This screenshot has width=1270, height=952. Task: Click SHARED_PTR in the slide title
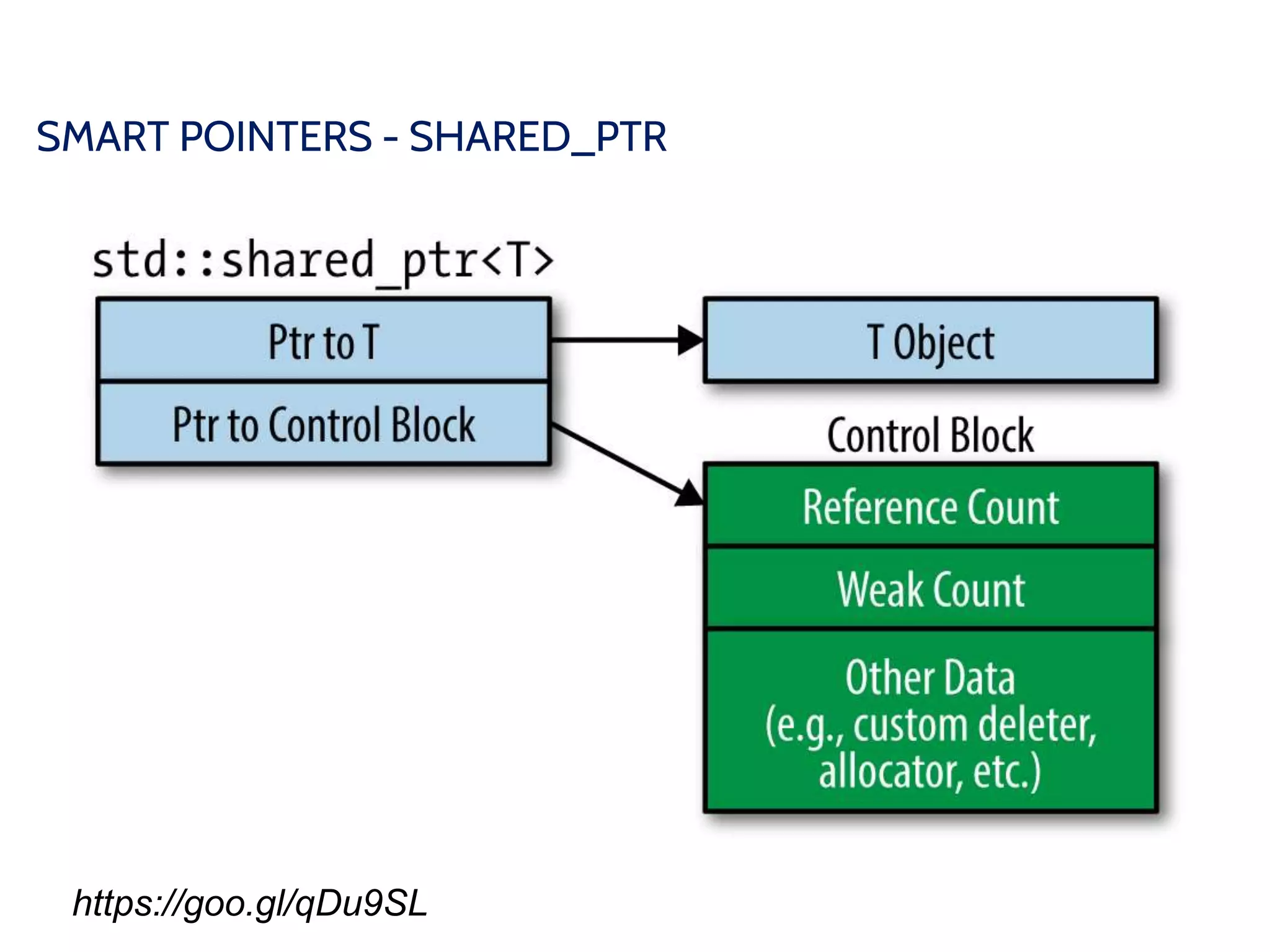tap(538, 137)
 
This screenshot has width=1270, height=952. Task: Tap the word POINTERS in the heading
tap(276, 137)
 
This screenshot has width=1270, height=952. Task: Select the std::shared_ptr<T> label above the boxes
tap(322, 261)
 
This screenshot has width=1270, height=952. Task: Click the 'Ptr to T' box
tap(323, 342)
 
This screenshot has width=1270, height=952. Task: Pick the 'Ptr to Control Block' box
tap(323, 425)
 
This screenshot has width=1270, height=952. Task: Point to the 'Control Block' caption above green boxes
tap(930, 436)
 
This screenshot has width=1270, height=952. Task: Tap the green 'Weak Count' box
tap(930, 589)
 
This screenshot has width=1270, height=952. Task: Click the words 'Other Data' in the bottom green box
tap(930, 677)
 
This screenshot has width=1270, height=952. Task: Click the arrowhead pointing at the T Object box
tap(690, 340)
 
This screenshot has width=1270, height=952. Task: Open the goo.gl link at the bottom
tap(250, 903)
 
